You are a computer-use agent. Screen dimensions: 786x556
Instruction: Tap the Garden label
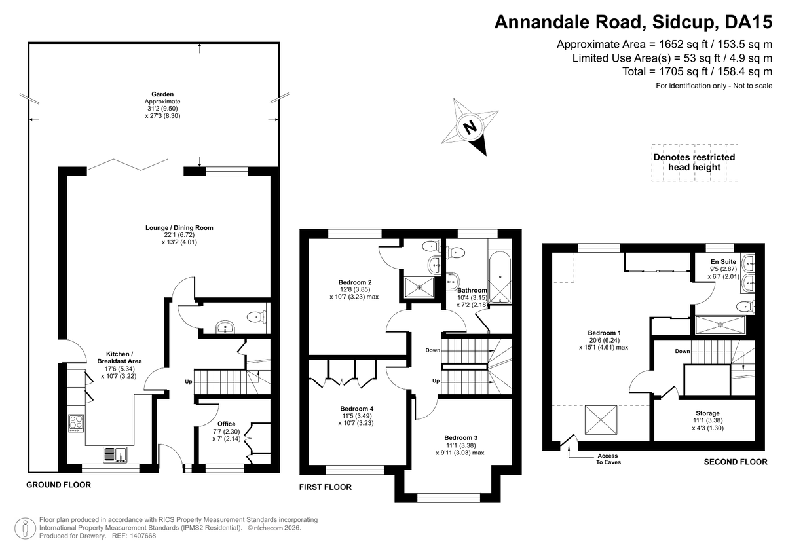click(x=162, y=94)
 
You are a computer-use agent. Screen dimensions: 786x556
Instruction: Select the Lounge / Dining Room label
click(x=179, y=228)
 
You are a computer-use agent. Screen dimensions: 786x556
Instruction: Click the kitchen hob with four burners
click(x=76, y=423)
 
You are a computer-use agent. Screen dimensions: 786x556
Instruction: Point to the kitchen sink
click(x=115, y=454)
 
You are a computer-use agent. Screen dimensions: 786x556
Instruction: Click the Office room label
click(x=227, y=424)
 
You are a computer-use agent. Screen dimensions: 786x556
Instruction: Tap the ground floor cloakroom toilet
click(x=257, y=318)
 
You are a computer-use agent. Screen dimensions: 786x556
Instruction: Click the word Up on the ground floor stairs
click(x=189, y=382)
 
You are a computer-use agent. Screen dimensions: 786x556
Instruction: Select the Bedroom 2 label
click(x=355, y=282)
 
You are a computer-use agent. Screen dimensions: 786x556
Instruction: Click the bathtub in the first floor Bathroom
click(x=500, y=277)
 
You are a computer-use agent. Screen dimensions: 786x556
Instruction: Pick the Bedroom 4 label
click(x=356, y=408)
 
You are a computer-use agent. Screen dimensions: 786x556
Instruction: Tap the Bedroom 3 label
click(x=460, y=437)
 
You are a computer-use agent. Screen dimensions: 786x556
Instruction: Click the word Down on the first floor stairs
click(x=433, y=350)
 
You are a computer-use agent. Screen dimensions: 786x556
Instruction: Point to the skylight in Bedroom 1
click(x=601, y=420)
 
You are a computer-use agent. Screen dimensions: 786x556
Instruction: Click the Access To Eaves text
click(x=608, y=459)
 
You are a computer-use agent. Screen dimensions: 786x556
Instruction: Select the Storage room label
click(x=708, y=413)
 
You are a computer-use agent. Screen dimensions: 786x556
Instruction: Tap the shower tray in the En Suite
click(x=720, y=325)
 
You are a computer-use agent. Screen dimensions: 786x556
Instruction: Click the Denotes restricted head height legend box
click(x=694, y=162)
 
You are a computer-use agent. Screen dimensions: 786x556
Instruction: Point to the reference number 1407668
click(x=143, y=536)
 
